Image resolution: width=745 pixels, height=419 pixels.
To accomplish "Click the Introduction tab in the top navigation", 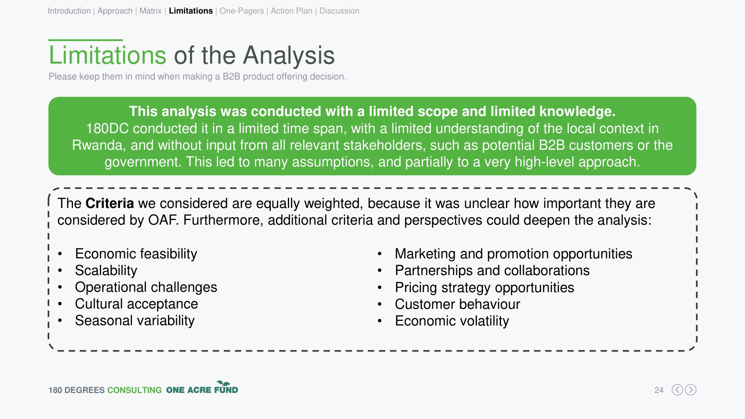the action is coord(69,11).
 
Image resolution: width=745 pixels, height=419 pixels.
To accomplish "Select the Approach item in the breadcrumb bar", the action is coord(115,11).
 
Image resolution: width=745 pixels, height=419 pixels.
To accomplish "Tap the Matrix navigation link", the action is coord(151,11).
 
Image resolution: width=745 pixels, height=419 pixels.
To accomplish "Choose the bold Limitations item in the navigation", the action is coord(191,11).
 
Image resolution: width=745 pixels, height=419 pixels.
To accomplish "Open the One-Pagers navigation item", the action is coord(242,11).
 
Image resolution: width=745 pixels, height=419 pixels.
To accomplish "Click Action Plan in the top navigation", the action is coord(291,11).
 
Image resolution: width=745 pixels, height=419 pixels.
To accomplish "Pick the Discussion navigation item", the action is coord(339,11).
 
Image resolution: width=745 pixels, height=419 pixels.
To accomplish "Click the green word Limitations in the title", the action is coord(107,55).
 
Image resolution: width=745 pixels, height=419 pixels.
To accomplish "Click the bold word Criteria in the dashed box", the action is coord(109,203).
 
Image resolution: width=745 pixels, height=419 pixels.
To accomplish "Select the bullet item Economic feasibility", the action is coord(136,254).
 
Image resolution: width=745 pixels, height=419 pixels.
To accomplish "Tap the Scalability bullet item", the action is coord(106,270).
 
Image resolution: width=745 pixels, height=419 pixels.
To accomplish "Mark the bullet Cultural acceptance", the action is coord(136,304).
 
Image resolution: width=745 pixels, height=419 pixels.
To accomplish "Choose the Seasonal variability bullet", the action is coord(135,320).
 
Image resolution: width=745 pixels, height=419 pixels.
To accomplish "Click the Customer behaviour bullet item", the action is coord(457,304).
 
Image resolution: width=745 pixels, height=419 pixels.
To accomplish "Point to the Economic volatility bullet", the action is coord(452,321).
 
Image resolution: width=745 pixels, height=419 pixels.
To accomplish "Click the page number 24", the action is coord(659,390).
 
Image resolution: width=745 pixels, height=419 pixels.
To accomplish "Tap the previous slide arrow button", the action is coord(677,390).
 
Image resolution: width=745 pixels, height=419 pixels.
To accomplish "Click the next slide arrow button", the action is coord(691,390).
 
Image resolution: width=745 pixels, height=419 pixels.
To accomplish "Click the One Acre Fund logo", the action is coord(202,388).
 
